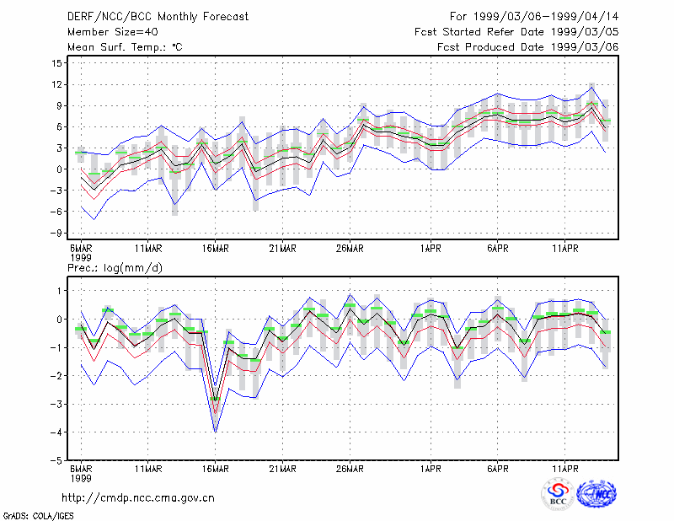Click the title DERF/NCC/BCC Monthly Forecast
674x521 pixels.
coord(158,17)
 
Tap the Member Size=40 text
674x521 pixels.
coord(113,32)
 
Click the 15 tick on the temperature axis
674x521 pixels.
coord(57,63)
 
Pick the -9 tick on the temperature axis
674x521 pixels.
coord(56,233)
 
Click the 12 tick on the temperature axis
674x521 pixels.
coord(57,84)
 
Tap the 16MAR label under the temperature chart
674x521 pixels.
coord(216,249)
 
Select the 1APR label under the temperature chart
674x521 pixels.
coord(431,249)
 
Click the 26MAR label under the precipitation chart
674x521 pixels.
coord(350,469)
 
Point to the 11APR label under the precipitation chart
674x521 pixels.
coord(564,469)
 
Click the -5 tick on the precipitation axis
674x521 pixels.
coord(56,460)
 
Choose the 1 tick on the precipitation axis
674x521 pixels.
coord(60,291)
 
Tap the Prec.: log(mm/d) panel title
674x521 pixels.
coord(115,268)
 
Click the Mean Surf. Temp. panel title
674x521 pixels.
coord(125,47)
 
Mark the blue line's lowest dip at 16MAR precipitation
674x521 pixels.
coord(216,432)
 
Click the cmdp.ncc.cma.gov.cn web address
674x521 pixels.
coord(138,497)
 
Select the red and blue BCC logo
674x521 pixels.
coord(558,494)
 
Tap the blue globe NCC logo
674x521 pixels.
coord(596,494)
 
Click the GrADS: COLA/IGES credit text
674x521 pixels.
coord(38,516)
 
